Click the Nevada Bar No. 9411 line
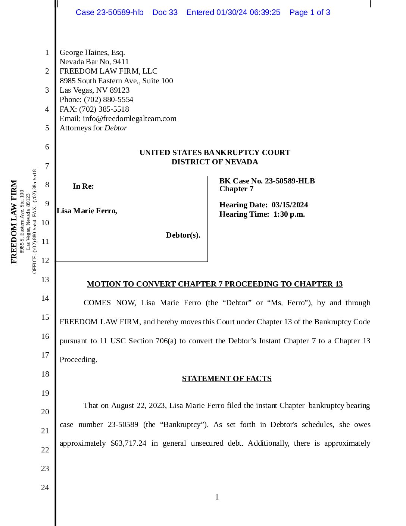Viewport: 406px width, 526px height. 94,62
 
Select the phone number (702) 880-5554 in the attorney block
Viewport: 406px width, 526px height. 109,100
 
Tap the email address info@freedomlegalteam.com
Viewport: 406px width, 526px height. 129,119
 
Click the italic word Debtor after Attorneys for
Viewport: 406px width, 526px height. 116,128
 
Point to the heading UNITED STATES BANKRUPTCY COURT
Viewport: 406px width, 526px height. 215,152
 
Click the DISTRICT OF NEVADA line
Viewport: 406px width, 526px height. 215,162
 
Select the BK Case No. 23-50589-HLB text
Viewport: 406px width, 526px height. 267,181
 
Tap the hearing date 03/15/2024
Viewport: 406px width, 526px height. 290,205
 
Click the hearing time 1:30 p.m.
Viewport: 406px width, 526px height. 289,214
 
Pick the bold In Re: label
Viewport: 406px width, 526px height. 83,186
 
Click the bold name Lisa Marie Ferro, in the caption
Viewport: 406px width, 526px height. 87,211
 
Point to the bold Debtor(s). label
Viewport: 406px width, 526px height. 183,235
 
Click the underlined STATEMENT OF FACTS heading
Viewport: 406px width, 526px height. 227,378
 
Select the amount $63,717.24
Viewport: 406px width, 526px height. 128,443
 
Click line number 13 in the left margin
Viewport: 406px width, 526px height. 45,279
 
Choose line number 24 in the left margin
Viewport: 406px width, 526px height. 45,488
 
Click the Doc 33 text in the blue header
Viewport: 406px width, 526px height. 165,12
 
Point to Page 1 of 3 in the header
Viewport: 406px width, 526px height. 310,12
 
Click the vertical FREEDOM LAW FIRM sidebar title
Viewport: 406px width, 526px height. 14,222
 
